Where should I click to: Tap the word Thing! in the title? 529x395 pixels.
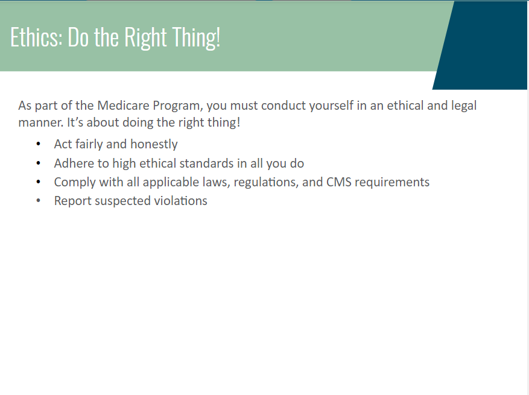tap(197, 38)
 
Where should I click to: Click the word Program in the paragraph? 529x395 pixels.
tap(178, 106)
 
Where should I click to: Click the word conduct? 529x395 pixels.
tap(284, 106)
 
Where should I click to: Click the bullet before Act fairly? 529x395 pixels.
tap(38, 144)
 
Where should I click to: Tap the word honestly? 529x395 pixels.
tap(154, 144)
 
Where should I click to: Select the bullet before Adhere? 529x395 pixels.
tap(38, 163)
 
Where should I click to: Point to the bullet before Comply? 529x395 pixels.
tap(38, 182)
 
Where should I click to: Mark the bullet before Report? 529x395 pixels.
tap(38, 201)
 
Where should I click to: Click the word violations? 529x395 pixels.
tap(180, 201)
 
